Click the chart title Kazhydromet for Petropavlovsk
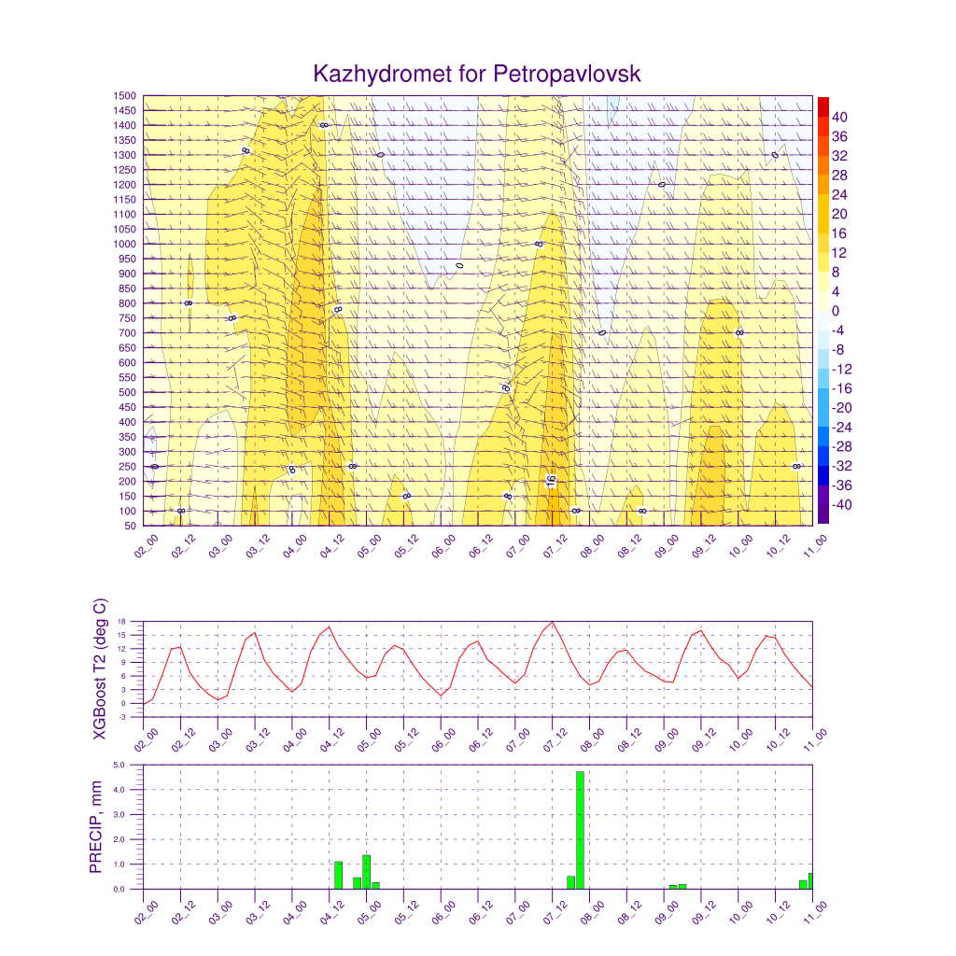tap(477, 74)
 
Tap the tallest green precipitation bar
tap(580, 830)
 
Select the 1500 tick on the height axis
tap(126, 95)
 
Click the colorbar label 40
tap(839, 117)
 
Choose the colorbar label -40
tap(839, 505)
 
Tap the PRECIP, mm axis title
tap(96, 827)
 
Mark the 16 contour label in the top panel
tap(551, 482)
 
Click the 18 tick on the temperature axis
tap(134, 622)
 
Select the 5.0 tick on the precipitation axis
tap(133, 765)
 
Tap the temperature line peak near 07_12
tap(553, 622)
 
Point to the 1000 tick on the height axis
tap(126, 245)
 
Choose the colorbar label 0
tap(836, 311)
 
